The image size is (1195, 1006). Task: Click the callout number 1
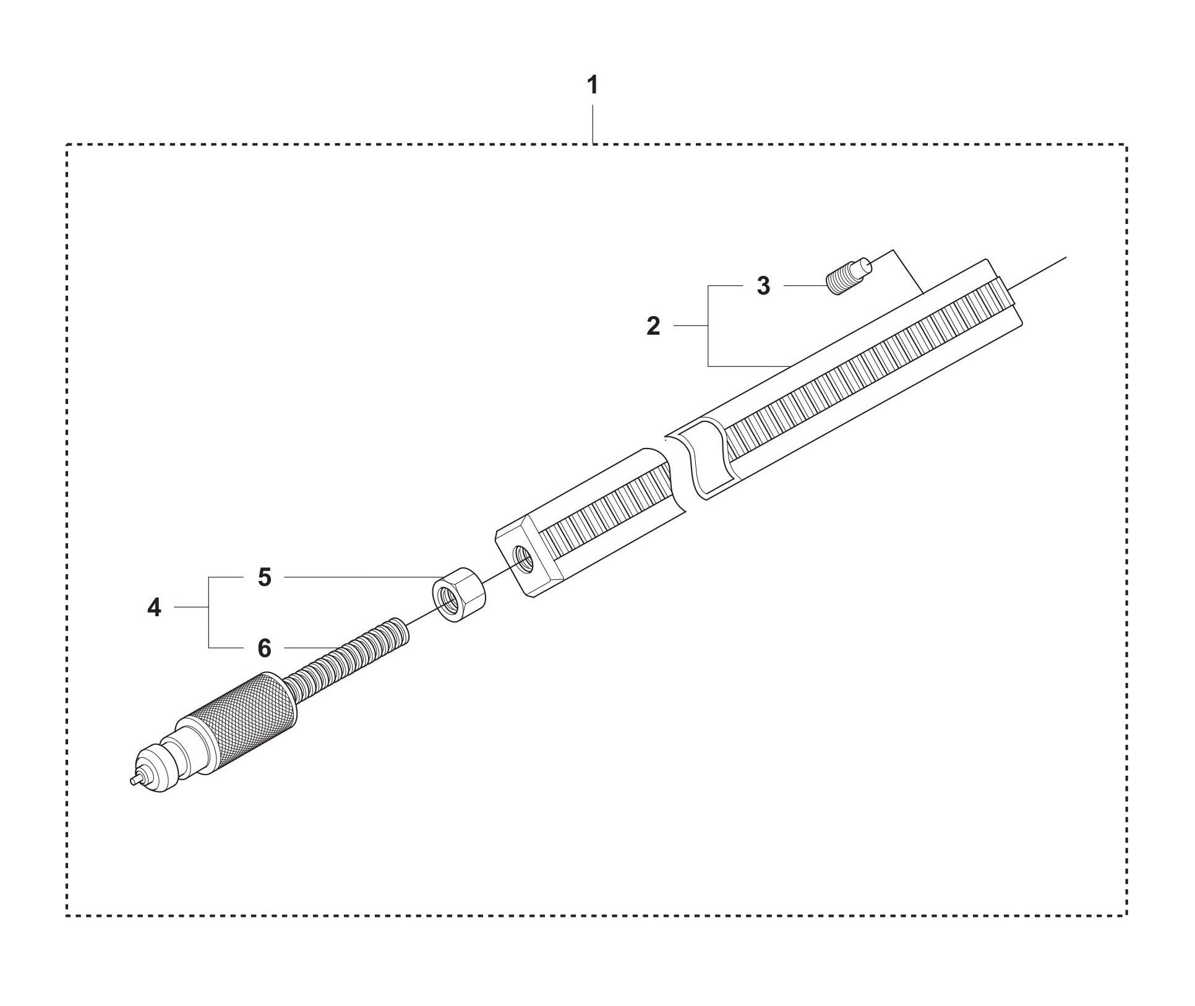point(593,85)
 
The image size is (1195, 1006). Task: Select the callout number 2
point(654,326)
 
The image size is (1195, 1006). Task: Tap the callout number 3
point(763,286)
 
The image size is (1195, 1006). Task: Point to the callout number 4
point(154,608)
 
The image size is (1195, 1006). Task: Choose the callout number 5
point(264,577)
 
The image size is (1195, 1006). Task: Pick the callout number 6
point(264,648)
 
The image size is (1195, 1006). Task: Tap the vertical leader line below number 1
point(593,124)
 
